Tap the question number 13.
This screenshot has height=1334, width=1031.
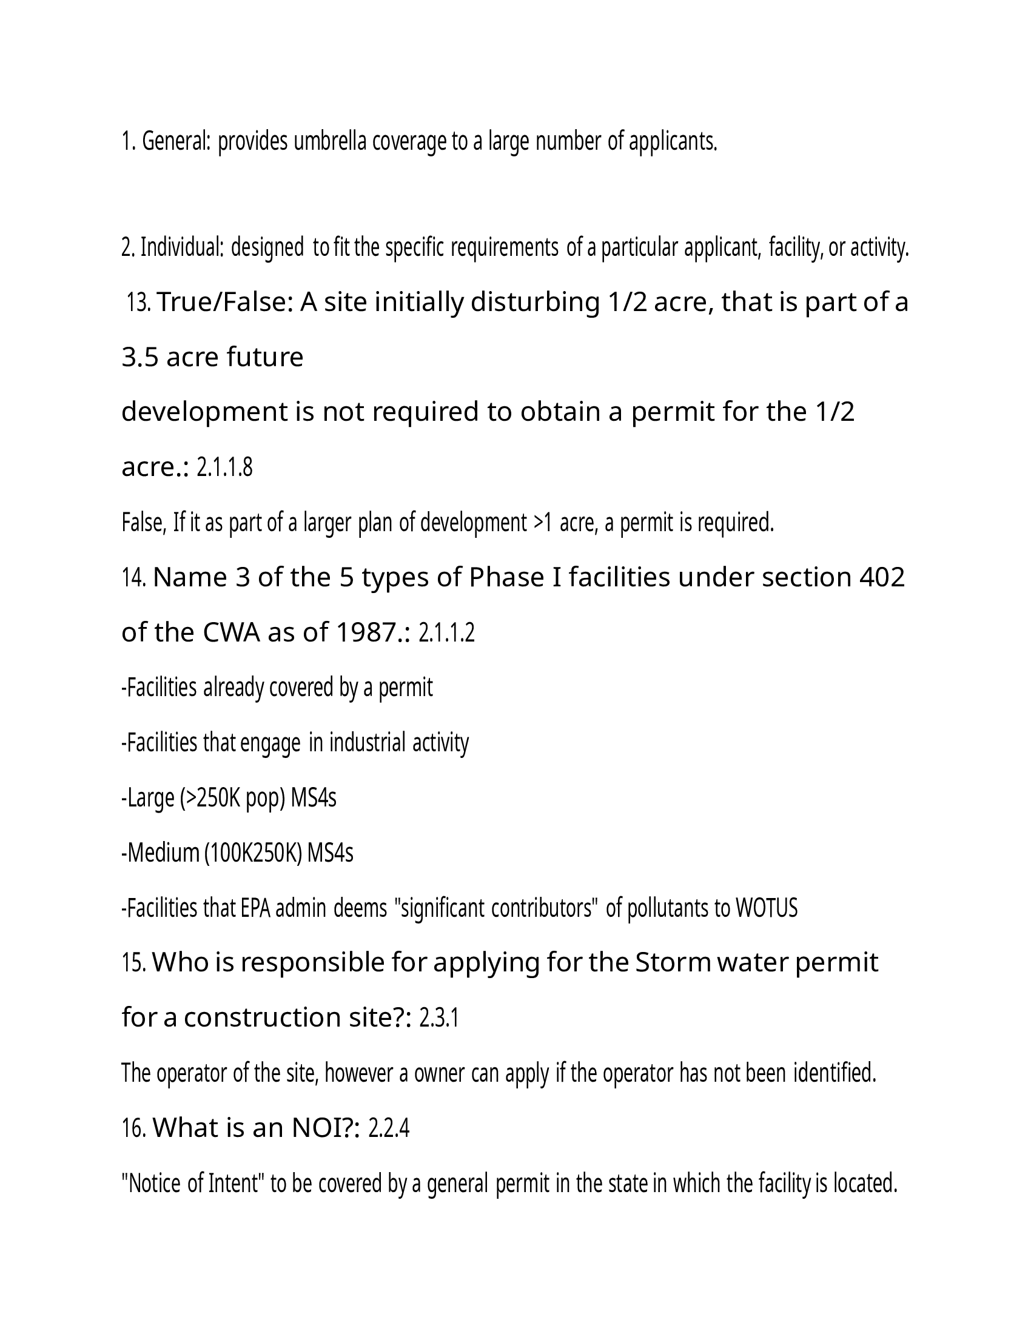click(139, 303)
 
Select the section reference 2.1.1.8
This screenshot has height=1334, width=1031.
click(225, 468)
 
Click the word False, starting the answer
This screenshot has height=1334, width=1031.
click(144, 523)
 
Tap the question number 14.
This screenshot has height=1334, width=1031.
click(134, 578)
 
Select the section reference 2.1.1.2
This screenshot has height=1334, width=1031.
click(446, 634)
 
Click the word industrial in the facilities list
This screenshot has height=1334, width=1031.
click(367, 743)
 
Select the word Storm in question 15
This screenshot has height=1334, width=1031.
click(673, 964)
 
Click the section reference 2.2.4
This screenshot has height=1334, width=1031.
click(389, 1129)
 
